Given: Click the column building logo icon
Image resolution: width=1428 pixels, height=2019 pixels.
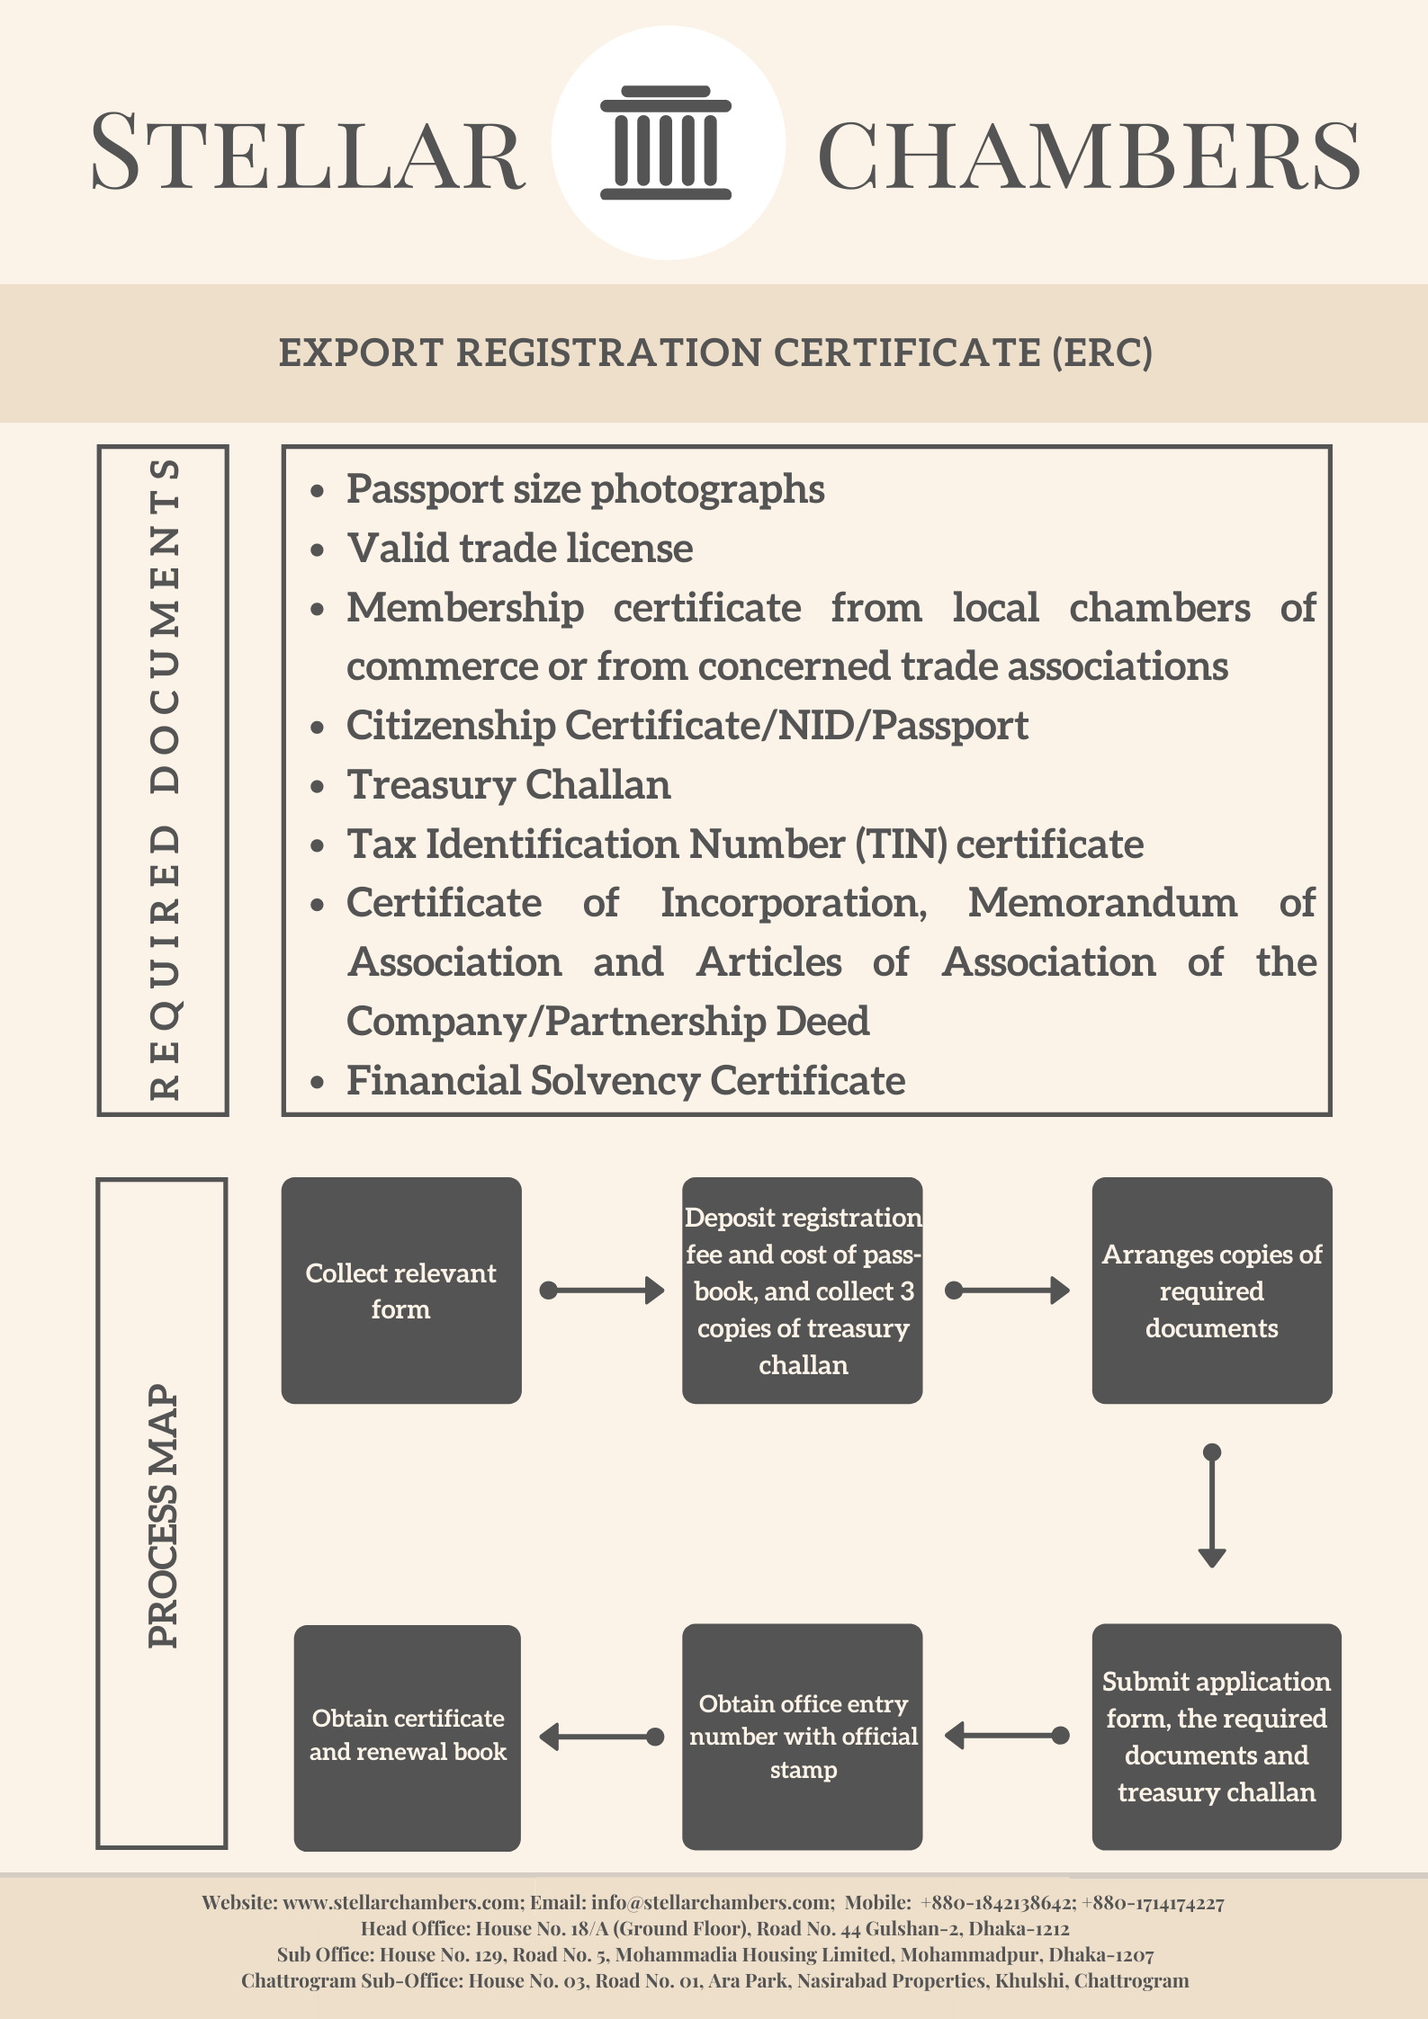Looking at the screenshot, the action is pyautogui.click(x=666, y=143).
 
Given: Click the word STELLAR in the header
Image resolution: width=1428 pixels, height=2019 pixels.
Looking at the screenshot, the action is pyautogui.click(x=308, y=151).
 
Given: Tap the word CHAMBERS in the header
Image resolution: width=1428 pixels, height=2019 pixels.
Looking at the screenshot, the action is pyautogui.click(x=1089, y=155).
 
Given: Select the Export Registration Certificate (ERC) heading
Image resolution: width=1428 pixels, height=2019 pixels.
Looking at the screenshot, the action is pyautogui.click(x=715, y=353).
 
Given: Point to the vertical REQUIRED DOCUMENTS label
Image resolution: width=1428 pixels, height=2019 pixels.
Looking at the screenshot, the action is pyautogui.click(x=165, y=780).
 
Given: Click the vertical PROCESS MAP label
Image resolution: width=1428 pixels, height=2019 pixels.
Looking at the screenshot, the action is pyautogui.click(x=163, y=1515).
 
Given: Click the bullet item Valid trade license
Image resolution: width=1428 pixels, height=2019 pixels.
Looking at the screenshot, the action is pyautogui.click(x=520, y=548).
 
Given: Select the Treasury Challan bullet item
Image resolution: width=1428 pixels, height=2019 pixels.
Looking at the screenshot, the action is pyautogui.click(x=508, y=784).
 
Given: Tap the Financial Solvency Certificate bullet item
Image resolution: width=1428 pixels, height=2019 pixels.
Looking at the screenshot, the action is pyautogui.click(x=625, y=1080).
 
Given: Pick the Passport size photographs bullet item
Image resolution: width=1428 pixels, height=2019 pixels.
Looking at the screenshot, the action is pyautogui.click(x=585, y=489).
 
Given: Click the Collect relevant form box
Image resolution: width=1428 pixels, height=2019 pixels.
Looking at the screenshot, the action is pyautogui.click(x=401, y=1291).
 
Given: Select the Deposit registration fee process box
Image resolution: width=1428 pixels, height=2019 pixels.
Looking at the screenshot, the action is pyautogui.click(x=803, y=1291).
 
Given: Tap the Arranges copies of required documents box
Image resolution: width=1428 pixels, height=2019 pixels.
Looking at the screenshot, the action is pyautogui.click(x=1212, y=1291).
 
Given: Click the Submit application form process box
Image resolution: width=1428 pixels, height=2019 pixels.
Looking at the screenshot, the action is pyautogui.click(x=1217, y=1737).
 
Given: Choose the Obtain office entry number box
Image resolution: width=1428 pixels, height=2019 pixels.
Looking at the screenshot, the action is pyautogui.click(x=803, y=1737).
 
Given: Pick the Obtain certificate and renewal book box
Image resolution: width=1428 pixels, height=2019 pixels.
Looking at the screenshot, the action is pyautogui.click(x=408, y=1738).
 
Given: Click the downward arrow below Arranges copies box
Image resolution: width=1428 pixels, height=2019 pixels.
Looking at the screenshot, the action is pyautogui.click(x=1212, y=1505).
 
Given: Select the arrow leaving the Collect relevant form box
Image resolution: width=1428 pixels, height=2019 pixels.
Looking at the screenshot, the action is pyautogui.click(x=602, y=1291).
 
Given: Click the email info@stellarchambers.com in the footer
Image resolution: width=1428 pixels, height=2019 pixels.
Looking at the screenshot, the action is pyautogui.click(x=713, y=1902).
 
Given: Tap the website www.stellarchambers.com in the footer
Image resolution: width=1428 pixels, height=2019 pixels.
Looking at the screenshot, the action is pyautogui.click(x=402, y=1902).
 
